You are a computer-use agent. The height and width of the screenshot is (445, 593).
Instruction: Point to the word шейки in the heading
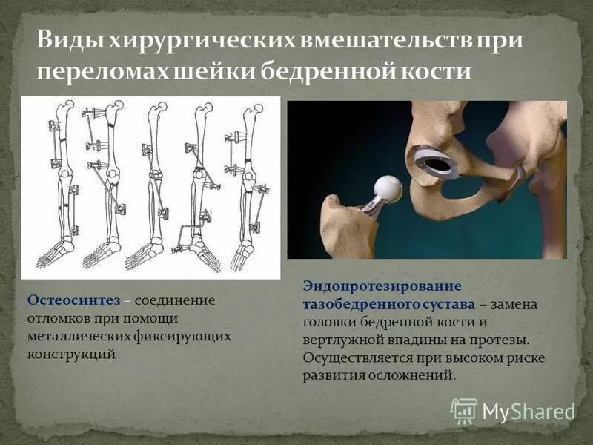click(219, 72)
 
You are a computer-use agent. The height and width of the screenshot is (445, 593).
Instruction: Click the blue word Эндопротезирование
click(382, 286)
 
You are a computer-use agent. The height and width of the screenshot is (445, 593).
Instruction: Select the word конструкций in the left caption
click(72, 354)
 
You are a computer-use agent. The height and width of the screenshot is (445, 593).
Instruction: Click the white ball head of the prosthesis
click(387, 189)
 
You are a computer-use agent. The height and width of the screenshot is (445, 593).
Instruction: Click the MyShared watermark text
click(529, 411)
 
